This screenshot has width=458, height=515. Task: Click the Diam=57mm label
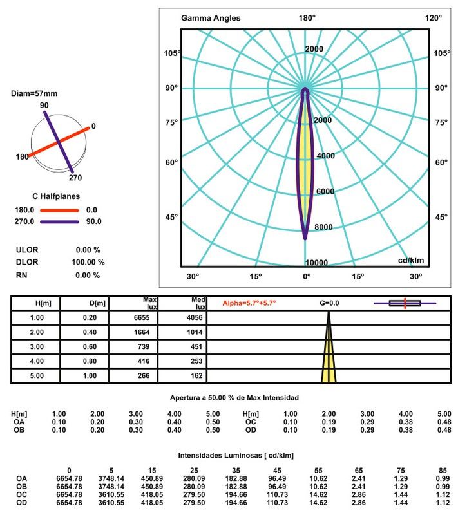tap(34, 94)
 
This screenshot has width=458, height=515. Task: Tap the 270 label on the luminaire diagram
tap(76, 178)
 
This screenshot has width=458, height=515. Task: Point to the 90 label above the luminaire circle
tap(44, 105)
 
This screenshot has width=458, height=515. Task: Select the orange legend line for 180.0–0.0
tap(59, 210)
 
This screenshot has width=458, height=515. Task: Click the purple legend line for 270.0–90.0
tap(59, 221)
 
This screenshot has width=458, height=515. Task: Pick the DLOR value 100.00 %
tap(88, 262)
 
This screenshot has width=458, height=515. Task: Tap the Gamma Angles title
tap(211, 18)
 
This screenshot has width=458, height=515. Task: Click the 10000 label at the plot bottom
tap(316, 263)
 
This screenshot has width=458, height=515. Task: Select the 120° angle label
tap(433, 18)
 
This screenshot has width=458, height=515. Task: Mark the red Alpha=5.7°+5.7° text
tap(249, 303)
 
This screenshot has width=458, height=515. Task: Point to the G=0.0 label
tap(329, 303)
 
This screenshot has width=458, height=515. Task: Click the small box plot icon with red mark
tap(405, 303)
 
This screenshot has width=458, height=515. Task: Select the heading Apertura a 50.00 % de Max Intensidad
tap(233, 397)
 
